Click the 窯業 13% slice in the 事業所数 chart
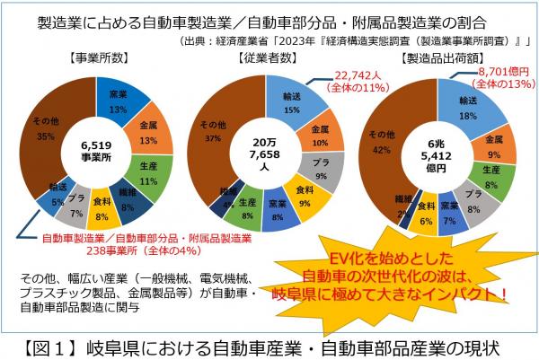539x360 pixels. point(118,101)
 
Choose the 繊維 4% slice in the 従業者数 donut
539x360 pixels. point(227,192)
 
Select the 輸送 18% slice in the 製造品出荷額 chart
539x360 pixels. point(467,107)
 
